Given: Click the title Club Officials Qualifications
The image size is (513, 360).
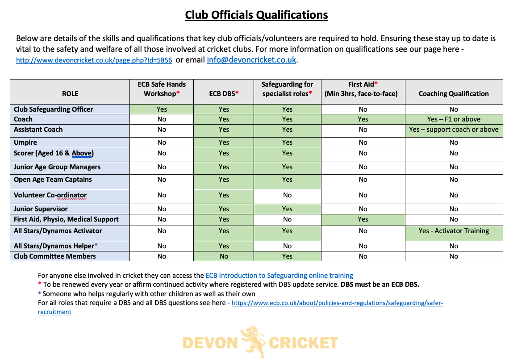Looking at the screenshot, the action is click(x=256, y=15).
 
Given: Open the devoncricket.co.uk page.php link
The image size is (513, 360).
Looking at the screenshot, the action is click(x=94, y=60).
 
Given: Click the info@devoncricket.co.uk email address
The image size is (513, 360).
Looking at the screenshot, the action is click(x=251, y=59).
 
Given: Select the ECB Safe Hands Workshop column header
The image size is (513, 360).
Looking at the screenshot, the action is click(x=162, y=88).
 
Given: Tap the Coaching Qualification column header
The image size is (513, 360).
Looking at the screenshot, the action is click(x=454, y=93).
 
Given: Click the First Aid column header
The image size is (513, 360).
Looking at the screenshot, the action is click(x=363, y=88).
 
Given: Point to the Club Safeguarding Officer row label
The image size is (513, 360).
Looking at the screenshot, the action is click(x=54, y=109).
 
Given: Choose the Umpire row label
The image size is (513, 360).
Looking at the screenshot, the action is click(x=25, y=142).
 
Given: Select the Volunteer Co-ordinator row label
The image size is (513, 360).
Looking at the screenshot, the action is click(x=50, y=195).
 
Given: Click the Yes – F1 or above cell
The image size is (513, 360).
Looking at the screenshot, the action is click(x=454, y=119).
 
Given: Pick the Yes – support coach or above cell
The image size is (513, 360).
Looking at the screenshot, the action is click(x=454, y=130).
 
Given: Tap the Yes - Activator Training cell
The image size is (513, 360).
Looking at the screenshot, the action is click(x=454, y=231).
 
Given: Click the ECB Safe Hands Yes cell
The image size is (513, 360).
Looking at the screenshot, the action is click(x=162, y=109).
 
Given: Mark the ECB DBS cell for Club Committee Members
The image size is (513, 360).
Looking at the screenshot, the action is click(x=224, y=256).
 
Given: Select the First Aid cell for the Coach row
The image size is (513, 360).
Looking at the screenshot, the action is click(x=363, y=119).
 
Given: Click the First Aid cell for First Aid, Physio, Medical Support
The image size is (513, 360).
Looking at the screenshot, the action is click(x=363, y=219).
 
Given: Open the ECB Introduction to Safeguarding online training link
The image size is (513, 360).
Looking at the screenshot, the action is click(x=279, y=276).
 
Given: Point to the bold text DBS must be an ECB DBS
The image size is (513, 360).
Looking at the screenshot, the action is click(x=380, y=285).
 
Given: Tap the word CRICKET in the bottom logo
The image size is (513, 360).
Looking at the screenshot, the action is click(x=303, y=343).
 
